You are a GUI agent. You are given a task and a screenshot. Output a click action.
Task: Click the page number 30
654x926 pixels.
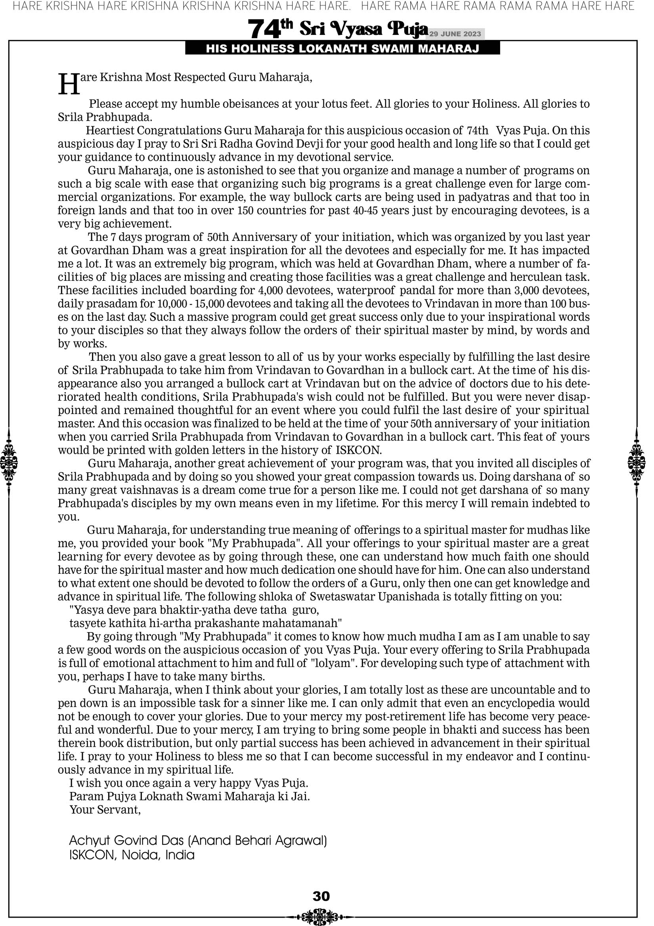321,897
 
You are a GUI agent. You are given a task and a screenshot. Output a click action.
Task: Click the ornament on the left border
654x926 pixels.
9,463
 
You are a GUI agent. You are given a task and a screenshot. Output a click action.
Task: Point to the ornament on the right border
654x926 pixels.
637,463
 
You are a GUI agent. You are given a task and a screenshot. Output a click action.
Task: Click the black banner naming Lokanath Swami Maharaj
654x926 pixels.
342,49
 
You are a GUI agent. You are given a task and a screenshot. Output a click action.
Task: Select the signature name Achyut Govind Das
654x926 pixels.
128,841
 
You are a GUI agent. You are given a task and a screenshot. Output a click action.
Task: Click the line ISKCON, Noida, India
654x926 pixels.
132,855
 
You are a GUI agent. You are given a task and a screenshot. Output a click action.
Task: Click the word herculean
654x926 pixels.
535,277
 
